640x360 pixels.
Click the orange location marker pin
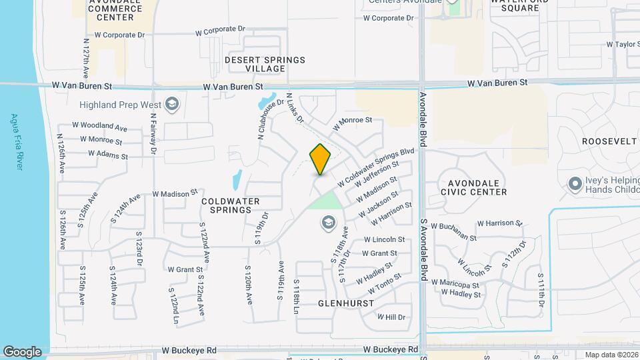(321, 159)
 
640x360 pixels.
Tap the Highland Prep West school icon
(172, 104)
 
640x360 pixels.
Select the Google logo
(22, 352)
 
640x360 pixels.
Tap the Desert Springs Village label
(265, 64)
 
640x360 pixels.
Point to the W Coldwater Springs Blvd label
(376, 167)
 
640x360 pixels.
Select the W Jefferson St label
(377, 174)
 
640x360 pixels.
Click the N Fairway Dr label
(153, 134)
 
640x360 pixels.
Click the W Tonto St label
(379, 283)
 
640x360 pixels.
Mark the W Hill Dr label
(391, 317)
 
